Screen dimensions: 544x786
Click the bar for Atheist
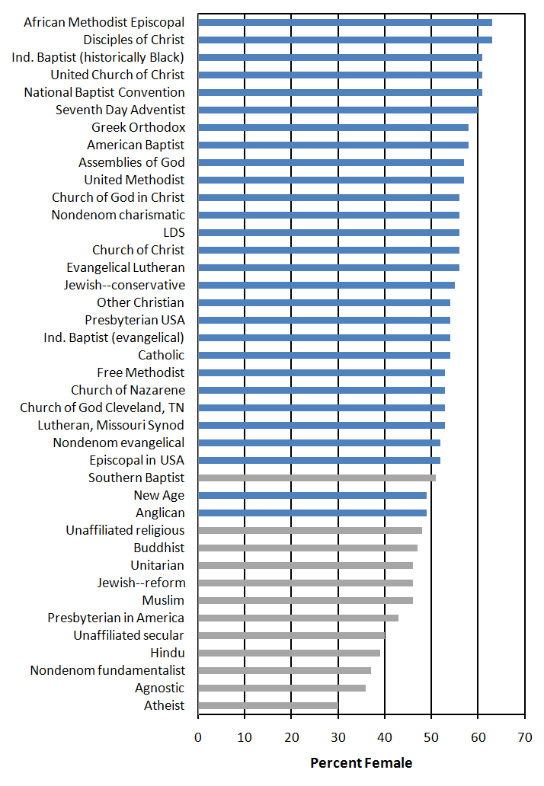[x=268, y=705]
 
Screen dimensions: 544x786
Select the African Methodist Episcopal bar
[x=345, y=22]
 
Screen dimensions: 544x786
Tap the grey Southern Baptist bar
[x=317, y=478]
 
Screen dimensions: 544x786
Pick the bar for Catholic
[x=324, y=355]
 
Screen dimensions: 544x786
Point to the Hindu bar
[x=290, y=653]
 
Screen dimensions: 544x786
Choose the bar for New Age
[x=312, y=495]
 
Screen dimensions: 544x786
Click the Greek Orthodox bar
[x=334, y=127]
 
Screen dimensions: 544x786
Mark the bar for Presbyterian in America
[x=299, y=618]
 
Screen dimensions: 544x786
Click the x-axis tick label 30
[x=338, y=737]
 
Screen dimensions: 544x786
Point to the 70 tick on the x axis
[x=525, y=737]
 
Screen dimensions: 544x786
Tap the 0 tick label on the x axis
[x=198, y=737]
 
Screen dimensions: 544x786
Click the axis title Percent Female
[x=361, y=763]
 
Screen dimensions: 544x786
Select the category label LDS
[x=174, y=232]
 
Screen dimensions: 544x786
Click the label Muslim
[x=163, y=600]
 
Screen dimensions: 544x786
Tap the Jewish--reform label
[x=142, y=583]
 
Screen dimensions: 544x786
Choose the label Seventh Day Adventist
[x=120, y=110]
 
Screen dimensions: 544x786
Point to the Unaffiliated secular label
[x=129, y=635]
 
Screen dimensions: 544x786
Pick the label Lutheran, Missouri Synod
[x=110, y=425]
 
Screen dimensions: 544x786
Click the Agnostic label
[x=159, y=689]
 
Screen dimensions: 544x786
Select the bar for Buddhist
[x=308, y=548]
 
